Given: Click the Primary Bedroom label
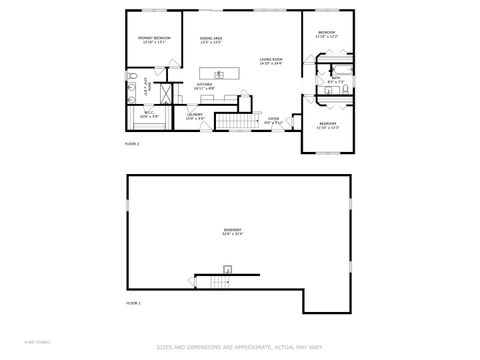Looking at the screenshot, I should pos(154,39).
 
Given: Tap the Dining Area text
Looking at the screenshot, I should pos(210,40).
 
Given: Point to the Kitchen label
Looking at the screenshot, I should pos(204,86).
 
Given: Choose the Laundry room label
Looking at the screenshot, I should pos(195,116).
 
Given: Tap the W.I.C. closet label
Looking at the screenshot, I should pos(148,115).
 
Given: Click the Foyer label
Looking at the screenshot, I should pos(272,121).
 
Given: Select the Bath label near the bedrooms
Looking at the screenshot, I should pos(335,81).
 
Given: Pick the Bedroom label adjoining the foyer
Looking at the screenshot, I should pos(328,127).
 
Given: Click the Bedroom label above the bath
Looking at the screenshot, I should pos(326,34).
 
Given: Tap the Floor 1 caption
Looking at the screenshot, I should pos(133,302).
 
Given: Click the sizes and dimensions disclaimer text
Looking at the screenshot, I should pos(239,348).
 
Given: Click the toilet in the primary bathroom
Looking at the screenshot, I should pos(131,76).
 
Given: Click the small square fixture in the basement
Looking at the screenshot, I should pos(227,269).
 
